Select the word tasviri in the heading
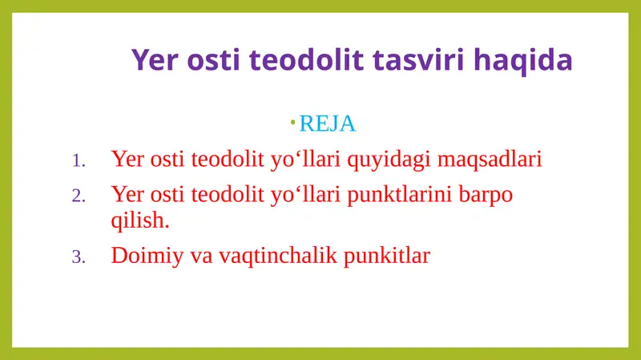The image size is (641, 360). pos(412,60)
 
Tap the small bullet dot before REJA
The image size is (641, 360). pos(293,122)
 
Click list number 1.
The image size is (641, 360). pos(78,161)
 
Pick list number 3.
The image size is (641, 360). pos(78,257)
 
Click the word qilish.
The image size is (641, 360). pos(139,220)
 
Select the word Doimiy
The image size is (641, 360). pos(145,256)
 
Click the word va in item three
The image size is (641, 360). pos(200,256)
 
